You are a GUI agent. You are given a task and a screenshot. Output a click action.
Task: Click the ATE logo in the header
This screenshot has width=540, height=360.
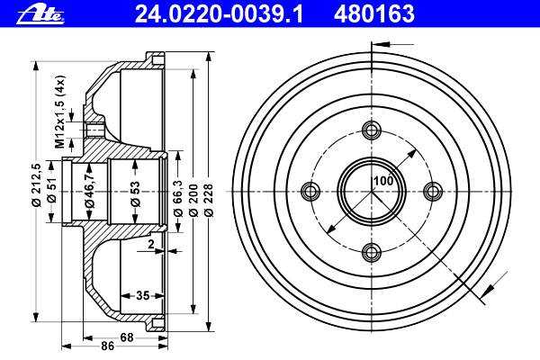pos(40,15)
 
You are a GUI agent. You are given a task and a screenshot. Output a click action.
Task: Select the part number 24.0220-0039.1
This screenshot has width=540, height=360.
pos(219,14)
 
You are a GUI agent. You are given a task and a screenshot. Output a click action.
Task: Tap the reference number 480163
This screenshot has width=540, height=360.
pos(374,14)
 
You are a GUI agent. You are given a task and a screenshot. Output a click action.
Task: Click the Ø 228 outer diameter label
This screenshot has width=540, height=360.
pos(209,200)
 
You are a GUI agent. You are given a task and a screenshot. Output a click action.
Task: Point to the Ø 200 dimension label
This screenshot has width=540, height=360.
pos(193,200)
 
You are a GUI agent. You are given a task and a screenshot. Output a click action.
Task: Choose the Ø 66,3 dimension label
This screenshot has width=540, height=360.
pos(177,197)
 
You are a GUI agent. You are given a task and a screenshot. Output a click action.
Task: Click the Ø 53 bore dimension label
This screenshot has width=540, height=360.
pos(136,194)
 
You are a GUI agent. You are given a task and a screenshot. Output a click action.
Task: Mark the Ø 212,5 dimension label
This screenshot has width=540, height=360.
pos(36,184)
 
